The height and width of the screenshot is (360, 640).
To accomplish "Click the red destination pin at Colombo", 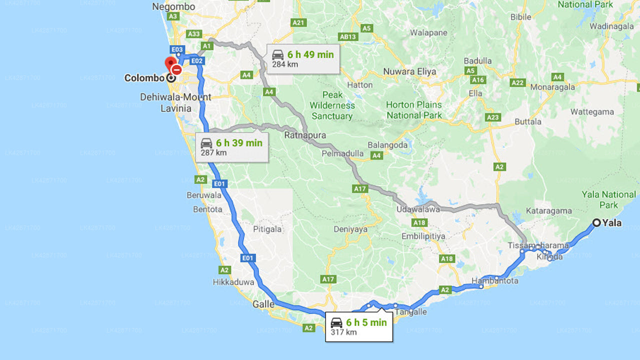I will coord(170,64).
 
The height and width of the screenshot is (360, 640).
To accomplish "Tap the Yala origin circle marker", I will coord(596,223).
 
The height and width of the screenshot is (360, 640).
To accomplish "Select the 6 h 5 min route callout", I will coord(358,326).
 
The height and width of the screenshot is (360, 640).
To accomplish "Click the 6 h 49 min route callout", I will coord(302,58).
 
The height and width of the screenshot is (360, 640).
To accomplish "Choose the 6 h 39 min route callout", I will coord(231,147).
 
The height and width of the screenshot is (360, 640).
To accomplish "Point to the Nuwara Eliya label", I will coord(409,71).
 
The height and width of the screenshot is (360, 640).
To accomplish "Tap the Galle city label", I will coord(263,304).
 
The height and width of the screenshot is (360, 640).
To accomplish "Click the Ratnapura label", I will coord(305,135).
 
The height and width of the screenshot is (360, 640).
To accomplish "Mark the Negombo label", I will coord(173,6).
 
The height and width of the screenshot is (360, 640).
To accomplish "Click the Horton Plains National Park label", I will coord(414,110).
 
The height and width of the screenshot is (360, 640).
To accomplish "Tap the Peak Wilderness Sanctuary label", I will coord(332,105).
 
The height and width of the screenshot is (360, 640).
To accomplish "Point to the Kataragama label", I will coord(548,211).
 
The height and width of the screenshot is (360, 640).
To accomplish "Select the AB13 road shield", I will coord(347,36).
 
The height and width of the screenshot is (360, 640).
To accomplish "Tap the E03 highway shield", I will coord(177,49).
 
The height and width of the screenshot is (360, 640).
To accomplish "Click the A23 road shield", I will coord(493,117).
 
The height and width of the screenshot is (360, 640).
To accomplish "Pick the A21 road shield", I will coord(298,22).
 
